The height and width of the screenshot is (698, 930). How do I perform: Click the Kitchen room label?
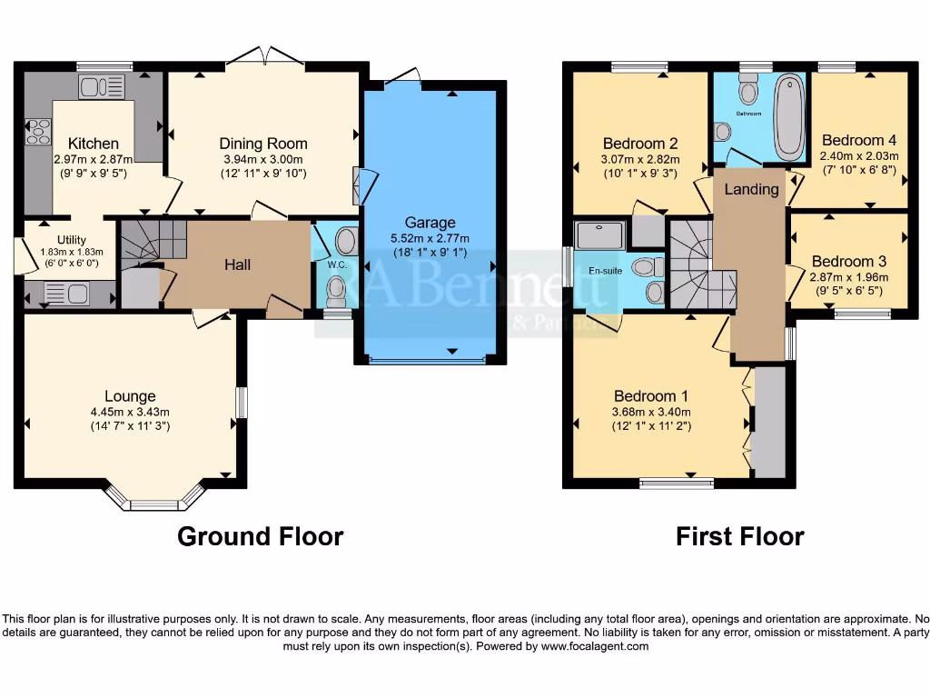(94, 144)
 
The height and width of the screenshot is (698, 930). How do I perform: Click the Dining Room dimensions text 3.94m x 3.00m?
(263, 159)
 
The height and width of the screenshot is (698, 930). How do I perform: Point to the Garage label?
(430, 223)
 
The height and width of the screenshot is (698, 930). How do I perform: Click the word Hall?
(238, 264)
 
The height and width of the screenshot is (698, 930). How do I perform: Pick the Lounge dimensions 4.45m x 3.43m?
(130, 412)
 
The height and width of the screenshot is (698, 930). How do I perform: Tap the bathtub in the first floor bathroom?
(790, 118)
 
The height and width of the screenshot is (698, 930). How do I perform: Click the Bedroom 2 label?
(640, 144)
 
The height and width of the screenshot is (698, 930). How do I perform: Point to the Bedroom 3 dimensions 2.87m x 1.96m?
(849, 278)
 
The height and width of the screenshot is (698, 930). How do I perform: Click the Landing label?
(751, 189)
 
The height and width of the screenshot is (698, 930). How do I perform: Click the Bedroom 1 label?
(651, 396)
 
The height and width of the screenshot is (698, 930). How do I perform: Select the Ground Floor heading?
(260, 536)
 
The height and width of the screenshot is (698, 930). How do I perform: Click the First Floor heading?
(739, 536)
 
